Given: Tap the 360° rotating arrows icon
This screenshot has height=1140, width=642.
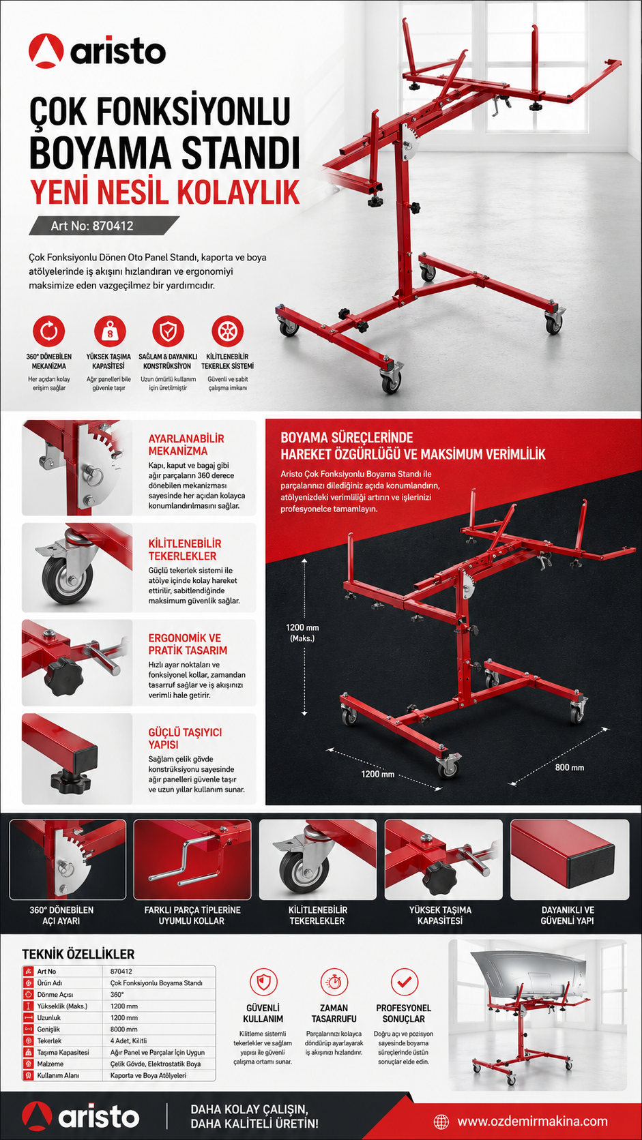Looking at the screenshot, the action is coord(49,331).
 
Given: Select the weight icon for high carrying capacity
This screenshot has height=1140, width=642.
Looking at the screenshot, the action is coord(109,331).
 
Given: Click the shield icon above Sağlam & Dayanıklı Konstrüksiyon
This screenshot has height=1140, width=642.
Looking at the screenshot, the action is coord(168,331).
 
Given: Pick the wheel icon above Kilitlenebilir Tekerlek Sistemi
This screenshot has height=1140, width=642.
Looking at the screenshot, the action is coord(228,331).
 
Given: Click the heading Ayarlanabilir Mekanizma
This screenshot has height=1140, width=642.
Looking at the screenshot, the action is coord(186,445).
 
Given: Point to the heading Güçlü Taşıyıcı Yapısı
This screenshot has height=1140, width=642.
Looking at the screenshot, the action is coord(185,738).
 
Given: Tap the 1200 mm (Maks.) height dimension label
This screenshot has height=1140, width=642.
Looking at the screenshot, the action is coord(302,633).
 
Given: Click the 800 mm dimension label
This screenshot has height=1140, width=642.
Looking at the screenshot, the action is coord(569,768).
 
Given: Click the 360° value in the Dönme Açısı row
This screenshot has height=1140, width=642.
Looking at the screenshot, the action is coord(117,995).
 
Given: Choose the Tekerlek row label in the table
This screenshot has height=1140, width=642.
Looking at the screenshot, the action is coord(49,1040).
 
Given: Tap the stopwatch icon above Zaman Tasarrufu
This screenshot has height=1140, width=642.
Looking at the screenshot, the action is coord(334,982).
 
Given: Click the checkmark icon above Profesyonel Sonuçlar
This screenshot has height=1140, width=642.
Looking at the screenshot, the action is coord(405,982).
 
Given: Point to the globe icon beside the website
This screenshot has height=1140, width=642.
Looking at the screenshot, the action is coord(441,1121).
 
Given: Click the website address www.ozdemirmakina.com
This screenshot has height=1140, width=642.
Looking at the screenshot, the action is coord(532,1121).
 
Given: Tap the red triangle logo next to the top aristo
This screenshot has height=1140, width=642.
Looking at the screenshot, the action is coord(46,51).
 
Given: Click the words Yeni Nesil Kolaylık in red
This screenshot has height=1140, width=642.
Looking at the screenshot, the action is coord(164,192).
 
